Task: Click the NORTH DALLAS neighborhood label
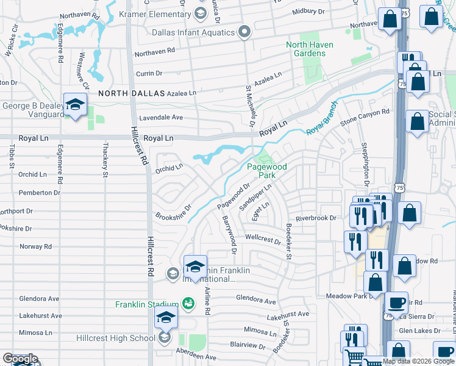click(132, 93)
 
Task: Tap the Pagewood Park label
click(261, 171)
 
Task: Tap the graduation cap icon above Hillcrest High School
click(165, 317)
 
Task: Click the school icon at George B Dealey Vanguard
click(74, 104)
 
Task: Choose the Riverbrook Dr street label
click(316, 218)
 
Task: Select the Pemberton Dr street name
click(40, 193)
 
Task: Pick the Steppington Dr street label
click(365, 166)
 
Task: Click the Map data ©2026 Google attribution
click(418, 361)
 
